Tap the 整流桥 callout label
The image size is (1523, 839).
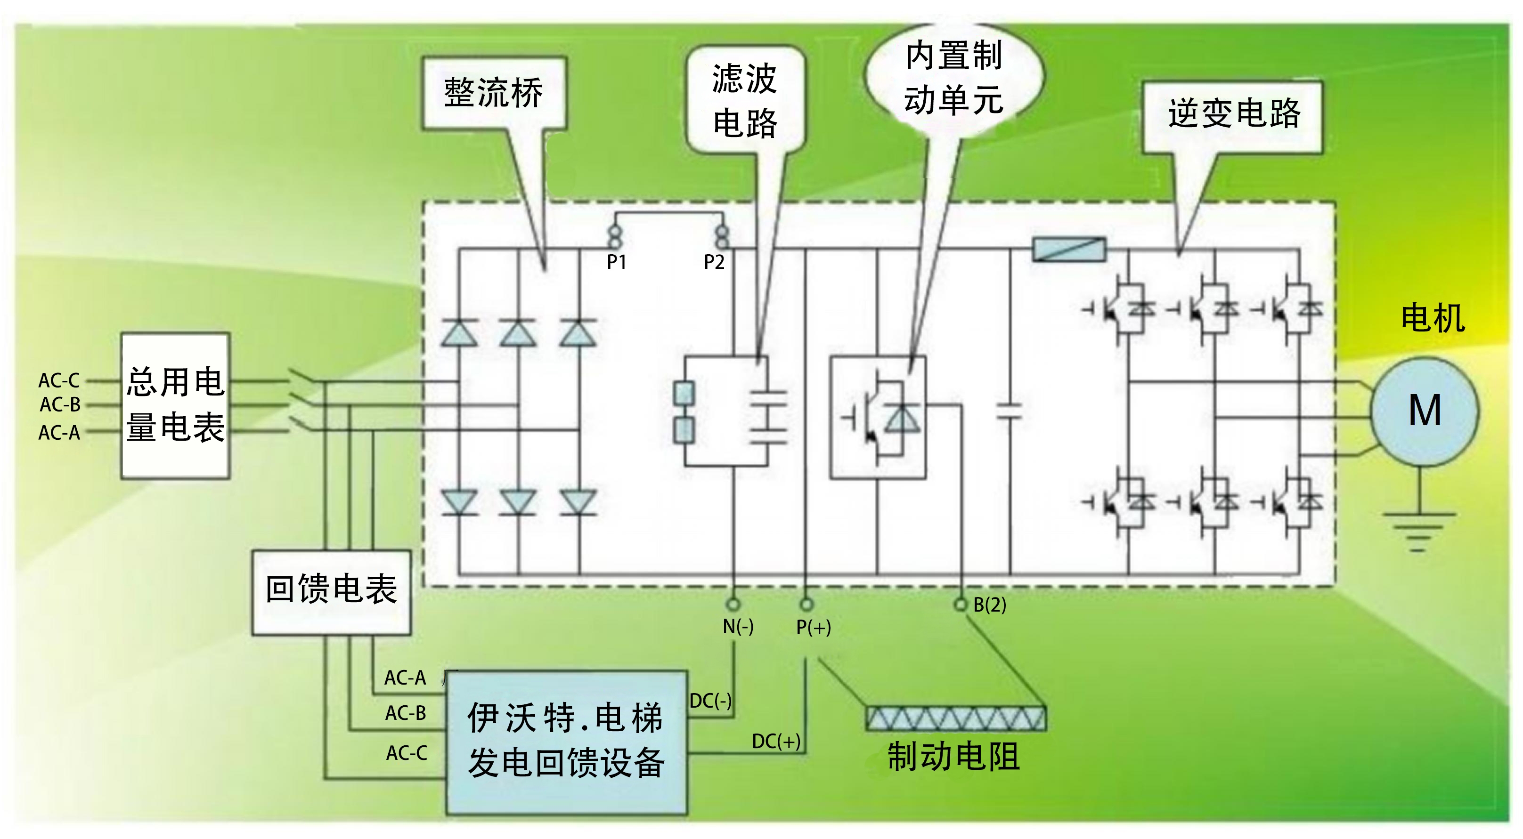click(x=494, y=93)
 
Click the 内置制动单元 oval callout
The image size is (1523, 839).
click(x=953, y=77)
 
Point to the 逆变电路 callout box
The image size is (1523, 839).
click(x=1233, y=114)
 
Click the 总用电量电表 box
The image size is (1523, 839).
click(x=176, y=405)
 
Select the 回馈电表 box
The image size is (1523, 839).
click(x=331, y=591)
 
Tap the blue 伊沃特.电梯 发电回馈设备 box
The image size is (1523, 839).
click(x=566, y=741)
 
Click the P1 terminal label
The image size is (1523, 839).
click(x=616, y=262)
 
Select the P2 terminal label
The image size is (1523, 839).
click(x=714, y=262)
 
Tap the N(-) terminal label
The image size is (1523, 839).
click(x=738, y=626)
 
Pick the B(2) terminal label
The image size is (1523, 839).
click(x=989, y=605)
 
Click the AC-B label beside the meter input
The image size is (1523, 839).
click(x=60, y=405)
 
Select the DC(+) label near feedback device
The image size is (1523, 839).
click(x=776, y=741)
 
